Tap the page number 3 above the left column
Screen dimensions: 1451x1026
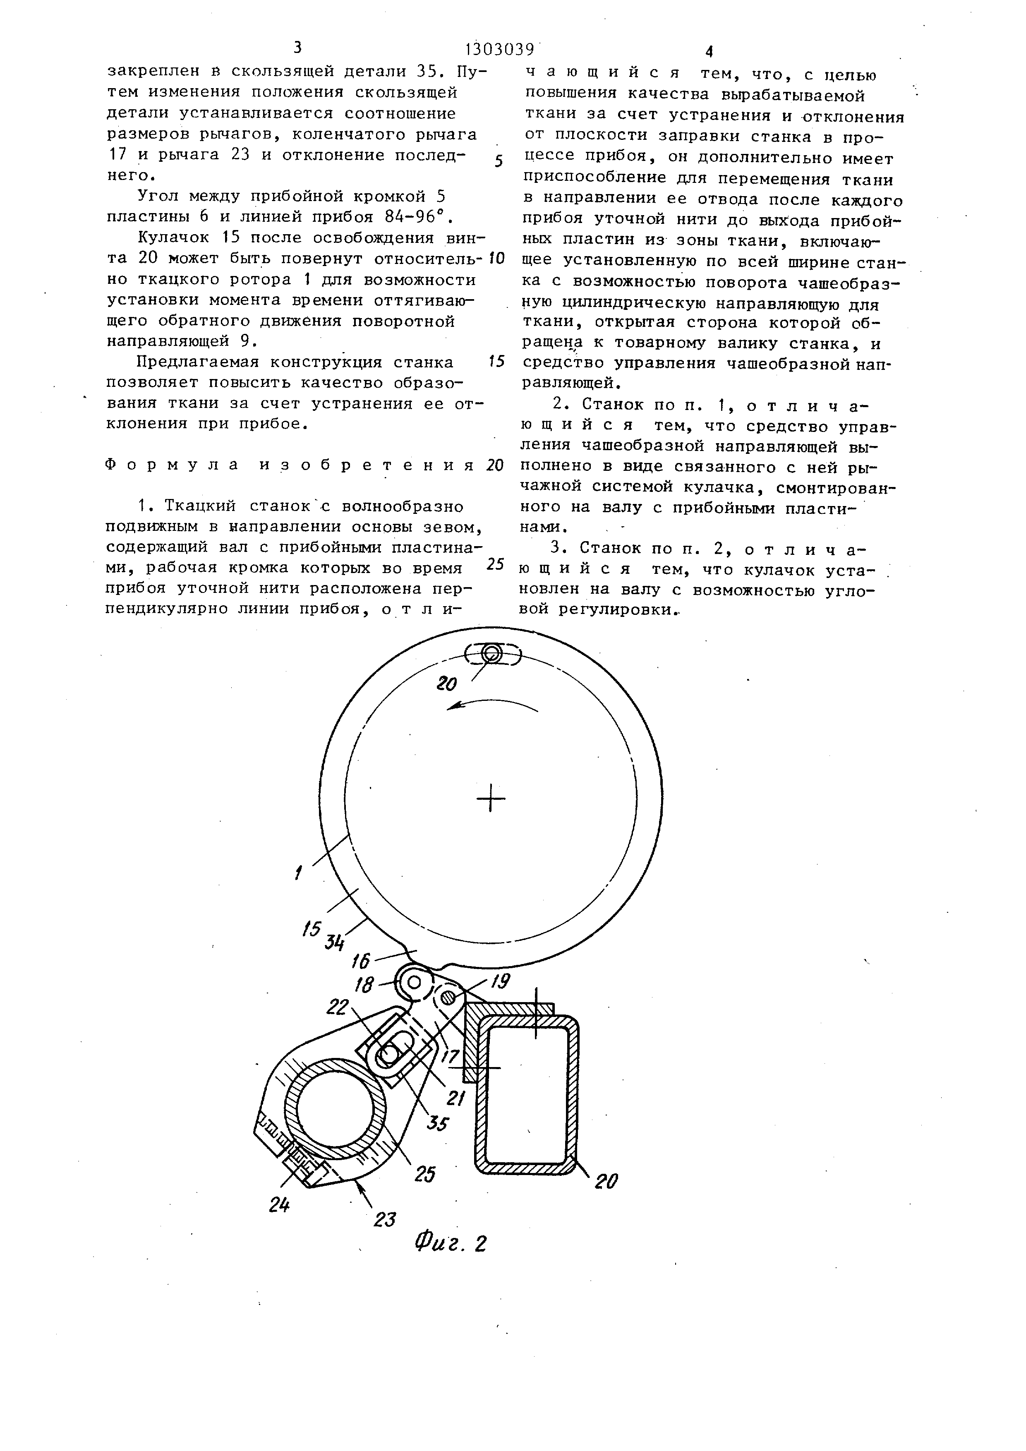(x=297, y=48)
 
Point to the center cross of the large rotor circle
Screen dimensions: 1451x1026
(x=491, y=800)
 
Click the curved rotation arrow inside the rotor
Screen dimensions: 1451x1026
(x=492, y=703)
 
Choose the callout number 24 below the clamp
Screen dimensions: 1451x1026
(x=278, y=1205)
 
